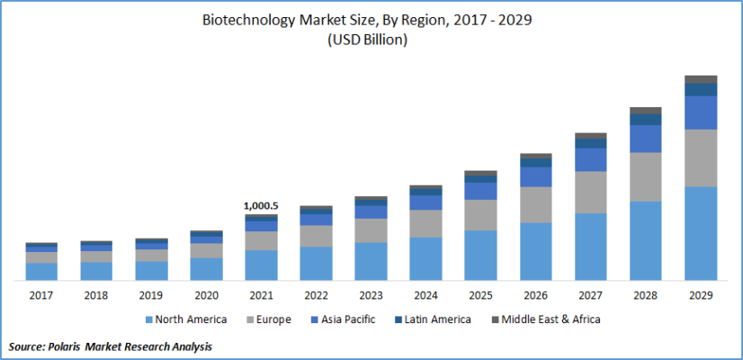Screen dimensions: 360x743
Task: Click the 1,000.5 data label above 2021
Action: (261, 206)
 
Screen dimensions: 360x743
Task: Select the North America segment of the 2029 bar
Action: (701, 233)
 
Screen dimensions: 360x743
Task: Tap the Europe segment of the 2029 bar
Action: (701, 157)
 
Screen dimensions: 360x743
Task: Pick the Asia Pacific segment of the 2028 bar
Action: (645, 139)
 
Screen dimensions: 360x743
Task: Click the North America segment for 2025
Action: (480, 256)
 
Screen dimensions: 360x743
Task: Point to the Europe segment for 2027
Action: (590, 192)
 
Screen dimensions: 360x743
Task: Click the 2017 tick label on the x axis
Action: (41, 294)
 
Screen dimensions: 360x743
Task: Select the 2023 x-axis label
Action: (371, 294)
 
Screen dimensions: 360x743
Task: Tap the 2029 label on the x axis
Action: (701, 294)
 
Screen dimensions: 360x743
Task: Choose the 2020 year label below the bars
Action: (206, 294)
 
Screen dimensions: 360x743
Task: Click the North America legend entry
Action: (184, 319)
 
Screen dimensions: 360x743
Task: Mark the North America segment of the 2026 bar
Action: (535, 251)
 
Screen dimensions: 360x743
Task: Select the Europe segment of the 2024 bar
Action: (425, 223)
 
